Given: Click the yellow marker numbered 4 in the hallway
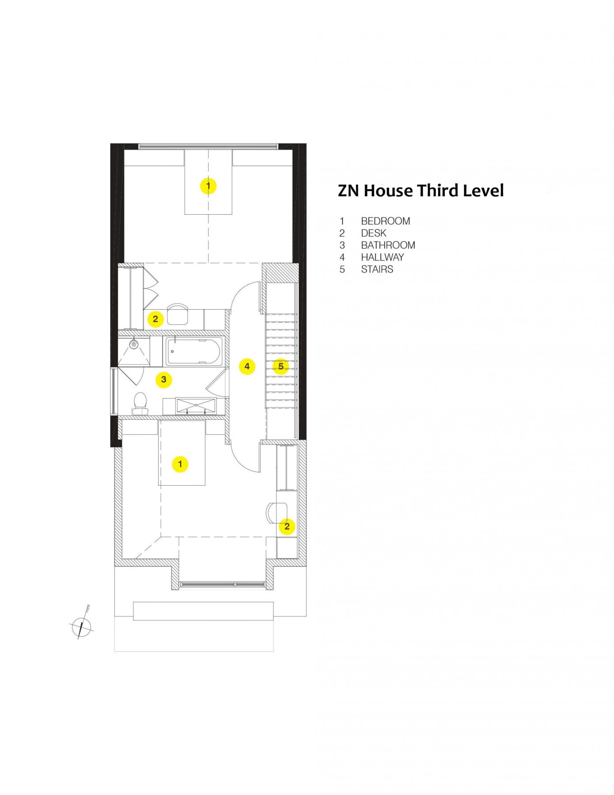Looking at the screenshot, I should point(247,366).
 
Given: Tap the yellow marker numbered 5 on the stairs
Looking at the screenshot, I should point(280,366).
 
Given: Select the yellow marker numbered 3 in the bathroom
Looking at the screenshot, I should point(163,379).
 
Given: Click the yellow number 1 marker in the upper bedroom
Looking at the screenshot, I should point(208,186).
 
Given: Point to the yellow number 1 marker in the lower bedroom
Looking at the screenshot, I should point(180,464).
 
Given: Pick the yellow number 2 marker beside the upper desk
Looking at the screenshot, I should point(155,318).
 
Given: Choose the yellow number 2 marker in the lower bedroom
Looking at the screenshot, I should point(287,526).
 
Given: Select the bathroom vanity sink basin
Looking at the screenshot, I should point(196,405).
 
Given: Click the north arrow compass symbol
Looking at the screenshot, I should point(81,626).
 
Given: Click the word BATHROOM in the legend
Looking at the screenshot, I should point(388,245).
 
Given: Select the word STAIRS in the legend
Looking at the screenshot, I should point(377,269).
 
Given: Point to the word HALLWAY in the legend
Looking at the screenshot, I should point(382,257).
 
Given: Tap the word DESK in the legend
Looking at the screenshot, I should point(373,233).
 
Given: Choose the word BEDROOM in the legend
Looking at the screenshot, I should point(385,221).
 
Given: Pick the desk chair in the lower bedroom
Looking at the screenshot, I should point(276,513).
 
